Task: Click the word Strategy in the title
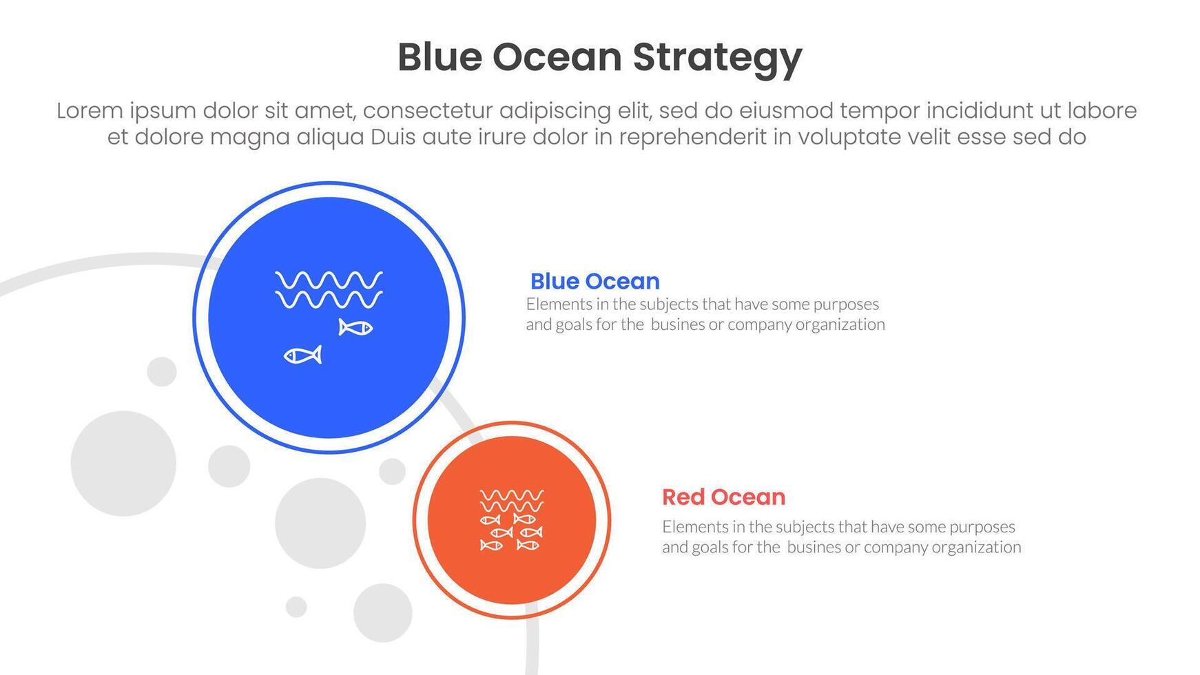[717, 59]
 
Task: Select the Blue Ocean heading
[594, 281]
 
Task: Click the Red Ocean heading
[723, 497]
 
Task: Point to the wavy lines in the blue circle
[329, 289]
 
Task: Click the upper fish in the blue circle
[355, 327]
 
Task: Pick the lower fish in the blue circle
[303, 355]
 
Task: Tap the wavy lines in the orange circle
[512, 500]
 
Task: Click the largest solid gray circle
[123, 464]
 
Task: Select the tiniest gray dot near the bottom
[296, 607]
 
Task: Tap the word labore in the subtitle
[1101, 110]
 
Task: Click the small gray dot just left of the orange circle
[392, 471]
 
